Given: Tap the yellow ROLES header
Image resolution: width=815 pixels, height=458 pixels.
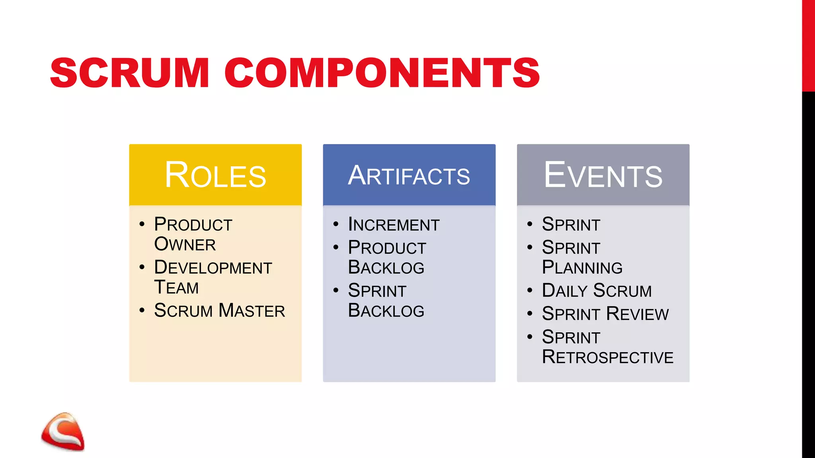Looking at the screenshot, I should click(x=215, y=175).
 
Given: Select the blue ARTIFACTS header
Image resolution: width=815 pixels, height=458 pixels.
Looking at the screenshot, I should click(x=409, y=175).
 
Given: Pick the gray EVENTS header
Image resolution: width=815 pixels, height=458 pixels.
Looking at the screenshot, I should click(x=603, y=175).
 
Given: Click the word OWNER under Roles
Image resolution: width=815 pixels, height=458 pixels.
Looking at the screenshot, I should click(x=185, y=244).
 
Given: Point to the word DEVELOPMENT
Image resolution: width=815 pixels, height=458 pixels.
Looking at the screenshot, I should click(x=213, y=267).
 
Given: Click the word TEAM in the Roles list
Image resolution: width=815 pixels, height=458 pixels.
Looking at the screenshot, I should click(x=176, y=287).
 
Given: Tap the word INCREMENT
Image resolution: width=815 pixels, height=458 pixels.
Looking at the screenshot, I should click(x=394, y=224).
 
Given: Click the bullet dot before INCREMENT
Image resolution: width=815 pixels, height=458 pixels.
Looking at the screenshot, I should click(x=336, y=224).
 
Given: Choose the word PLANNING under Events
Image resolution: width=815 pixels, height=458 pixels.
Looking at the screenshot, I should click(x=582, y=267).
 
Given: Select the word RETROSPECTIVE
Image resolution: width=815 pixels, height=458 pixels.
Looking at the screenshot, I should click(x=607, y=357).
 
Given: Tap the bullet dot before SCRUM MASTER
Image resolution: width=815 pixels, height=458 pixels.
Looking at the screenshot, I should click(x=142, y=310).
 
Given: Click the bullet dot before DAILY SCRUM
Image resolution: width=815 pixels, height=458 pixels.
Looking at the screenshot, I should click(x=530, y=290).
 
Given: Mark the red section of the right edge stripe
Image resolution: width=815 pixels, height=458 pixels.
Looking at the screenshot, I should click(x=808, y=46).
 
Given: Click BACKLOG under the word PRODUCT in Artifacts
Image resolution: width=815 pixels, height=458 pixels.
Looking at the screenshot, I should click(x=386, y=267).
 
